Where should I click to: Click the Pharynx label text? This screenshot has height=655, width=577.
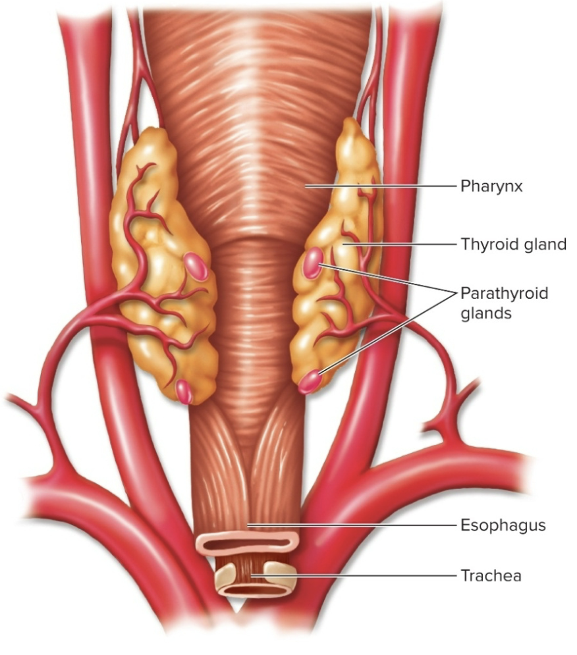point(491,186)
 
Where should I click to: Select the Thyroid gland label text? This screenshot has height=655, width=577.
point(513,245)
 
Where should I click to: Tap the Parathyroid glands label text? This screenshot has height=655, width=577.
point(504,293)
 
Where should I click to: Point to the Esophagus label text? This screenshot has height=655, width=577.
point(503,525)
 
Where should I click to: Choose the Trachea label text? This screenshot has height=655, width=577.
point(491,576)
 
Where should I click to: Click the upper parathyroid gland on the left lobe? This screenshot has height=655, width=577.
point(196,265)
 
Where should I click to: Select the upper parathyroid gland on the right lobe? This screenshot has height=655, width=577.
point(313,261)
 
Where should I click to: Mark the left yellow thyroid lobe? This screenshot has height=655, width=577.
point(161,263)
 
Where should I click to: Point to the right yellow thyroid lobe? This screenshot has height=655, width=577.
point(336,263)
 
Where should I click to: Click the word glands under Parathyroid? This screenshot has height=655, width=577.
point(486,313)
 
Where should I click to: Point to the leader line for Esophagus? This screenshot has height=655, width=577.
point(356,525)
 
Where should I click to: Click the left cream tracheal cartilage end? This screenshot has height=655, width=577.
point(229,576)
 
